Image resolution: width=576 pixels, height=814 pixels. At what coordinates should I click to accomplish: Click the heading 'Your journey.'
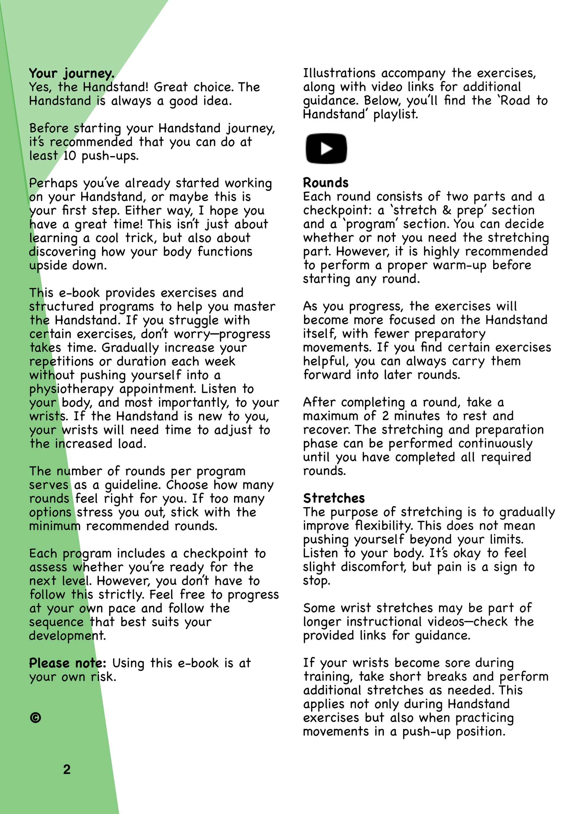click(x=72, y=73)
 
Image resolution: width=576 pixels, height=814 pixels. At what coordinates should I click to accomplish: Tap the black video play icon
click(x=326, y=148)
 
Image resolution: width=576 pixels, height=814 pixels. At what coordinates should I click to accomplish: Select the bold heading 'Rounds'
click(x=326, y=182)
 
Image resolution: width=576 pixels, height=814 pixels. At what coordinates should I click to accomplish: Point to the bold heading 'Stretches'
click(x=334, y=498)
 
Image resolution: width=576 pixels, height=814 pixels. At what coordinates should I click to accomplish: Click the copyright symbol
click(x=36, y=718)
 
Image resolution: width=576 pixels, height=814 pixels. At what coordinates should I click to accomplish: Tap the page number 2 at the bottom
click(x=67, y=769)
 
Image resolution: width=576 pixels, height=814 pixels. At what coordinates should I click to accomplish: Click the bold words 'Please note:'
click(x=67, y=663)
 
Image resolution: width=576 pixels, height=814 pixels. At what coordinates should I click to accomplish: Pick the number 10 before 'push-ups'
click(x=70, y=156)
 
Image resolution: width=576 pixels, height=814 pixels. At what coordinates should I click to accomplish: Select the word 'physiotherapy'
click(x=71, y=389)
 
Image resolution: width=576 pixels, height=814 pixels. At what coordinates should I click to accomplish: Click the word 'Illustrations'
click(x=339, y=73)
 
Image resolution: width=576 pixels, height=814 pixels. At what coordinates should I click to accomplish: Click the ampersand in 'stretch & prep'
click(x=447, y=210)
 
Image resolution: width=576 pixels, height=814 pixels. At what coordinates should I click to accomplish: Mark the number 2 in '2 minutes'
click(x=385, y=416)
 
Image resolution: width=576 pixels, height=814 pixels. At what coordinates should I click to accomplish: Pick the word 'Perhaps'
click(x=53, y=183)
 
